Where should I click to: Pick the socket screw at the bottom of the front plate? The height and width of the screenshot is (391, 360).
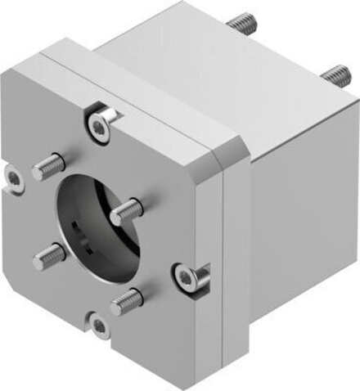click(x=99, y=326)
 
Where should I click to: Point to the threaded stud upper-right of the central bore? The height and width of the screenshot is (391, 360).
click(x=126, y=211)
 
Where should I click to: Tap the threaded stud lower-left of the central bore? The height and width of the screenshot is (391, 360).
click(x=49, y=256)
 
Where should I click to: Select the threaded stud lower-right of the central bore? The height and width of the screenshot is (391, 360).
click(x=126, y=302)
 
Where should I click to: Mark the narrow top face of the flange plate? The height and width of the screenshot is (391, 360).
click(x=147, y=90)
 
